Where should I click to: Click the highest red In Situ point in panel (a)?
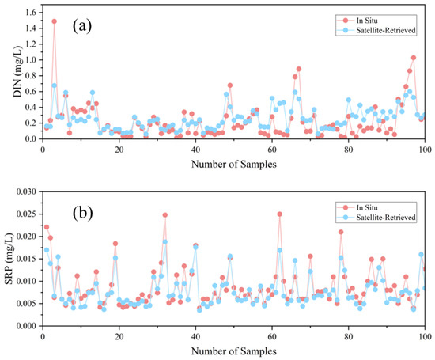pos(54,21)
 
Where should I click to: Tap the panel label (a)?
pos(82,26)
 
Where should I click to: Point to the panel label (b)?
pos(82,213)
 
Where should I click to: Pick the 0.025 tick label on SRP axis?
pos(27,214)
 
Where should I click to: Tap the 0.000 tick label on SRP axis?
pos(27,326)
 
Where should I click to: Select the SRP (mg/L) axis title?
pos(9,259)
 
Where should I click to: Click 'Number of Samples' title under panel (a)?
pos(234,164)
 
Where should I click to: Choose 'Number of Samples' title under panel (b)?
pos(234,351)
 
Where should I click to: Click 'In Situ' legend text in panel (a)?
pos(367,21)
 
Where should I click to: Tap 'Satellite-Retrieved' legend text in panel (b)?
pos(386,217)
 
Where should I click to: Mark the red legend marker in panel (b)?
pos(346,207)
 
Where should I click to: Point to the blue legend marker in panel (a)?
pos(346,30)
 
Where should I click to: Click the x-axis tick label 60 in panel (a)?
pos(272,150)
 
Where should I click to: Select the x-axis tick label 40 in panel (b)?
pos(195,337)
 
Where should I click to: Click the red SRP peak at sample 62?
pos(280,214)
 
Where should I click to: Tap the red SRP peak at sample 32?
pos(165,215)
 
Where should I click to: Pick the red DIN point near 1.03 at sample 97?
pos(414,58)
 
